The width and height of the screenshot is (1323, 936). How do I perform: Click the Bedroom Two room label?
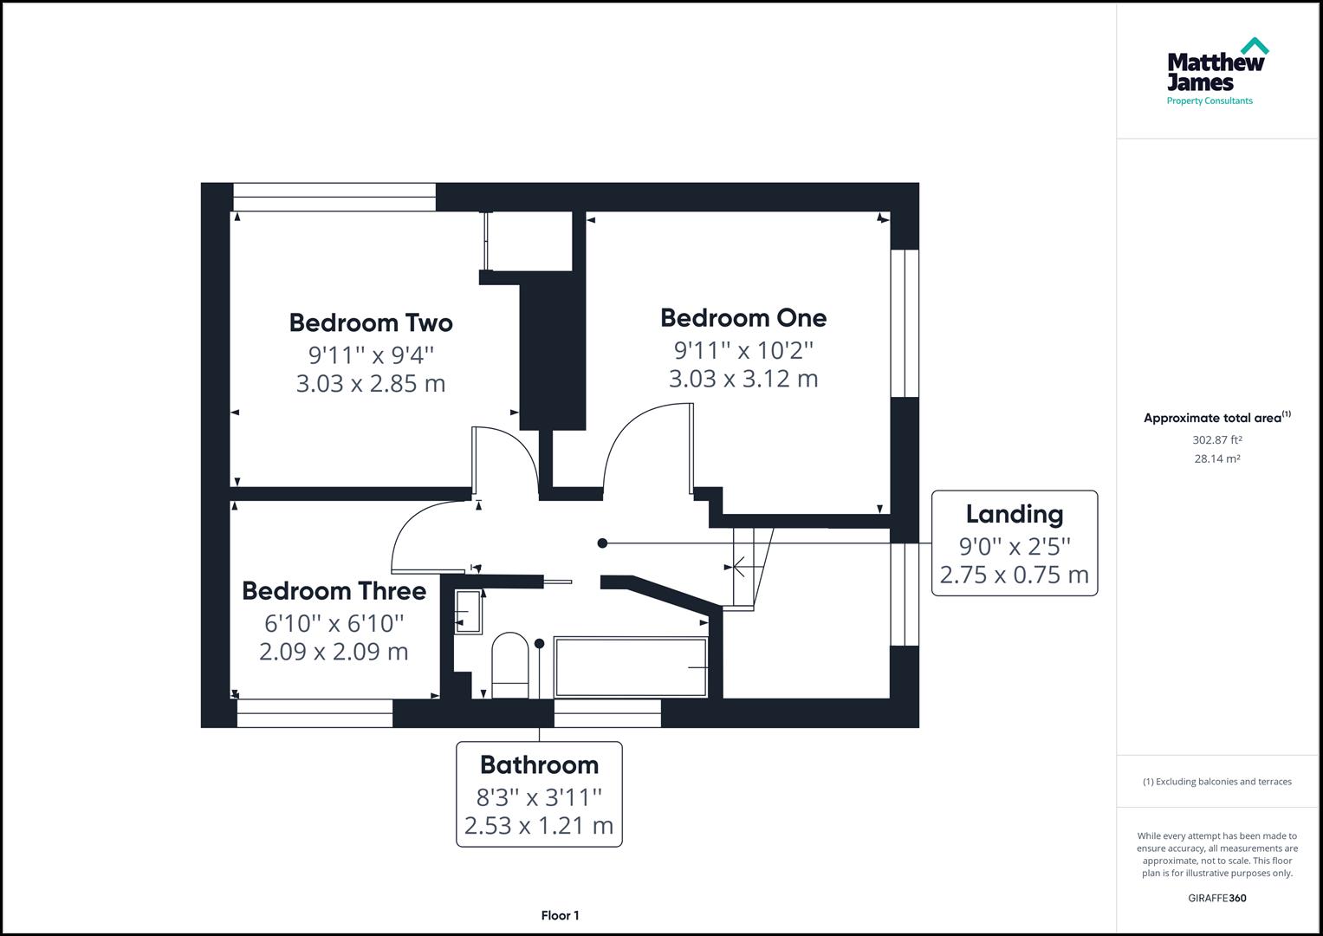371,323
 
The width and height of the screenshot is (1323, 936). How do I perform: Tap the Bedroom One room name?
743,318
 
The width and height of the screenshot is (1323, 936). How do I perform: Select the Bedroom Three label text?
334,591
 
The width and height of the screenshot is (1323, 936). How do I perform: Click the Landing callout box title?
1015,515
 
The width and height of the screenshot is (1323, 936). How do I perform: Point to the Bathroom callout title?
539,765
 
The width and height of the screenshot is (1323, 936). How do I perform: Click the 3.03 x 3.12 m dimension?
743,379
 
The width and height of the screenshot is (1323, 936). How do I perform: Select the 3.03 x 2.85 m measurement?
371,383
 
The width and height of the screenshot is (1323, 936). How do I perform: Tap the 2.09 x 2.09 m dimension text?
334,652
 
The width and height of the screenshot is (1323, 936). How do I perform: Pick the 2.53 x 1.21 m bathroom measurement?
539,826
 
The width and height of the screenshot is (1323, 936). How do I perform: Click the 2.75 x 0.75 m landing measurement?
1015,575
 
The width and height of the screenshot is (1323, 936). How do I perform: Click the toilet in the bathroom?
509,664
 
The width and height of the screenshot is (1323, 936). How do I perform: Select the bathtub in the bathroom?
631,667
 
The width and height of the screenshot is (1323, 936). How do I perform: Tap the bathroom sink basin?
468,613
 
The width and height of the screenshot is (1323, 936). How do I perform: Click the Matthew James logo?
1216,72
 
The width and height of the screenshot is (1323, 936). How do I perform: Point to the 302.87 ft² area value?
1217,440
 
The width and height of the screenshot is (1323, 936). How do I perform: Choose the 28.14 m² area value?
1217,459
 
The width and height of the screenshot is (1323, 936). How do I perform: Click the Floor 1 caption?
560,916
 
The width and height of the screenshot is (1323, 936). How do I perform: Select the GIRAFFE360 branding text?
1216,899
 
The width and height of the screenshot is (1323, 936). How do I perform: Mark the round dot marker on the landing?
603,543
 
